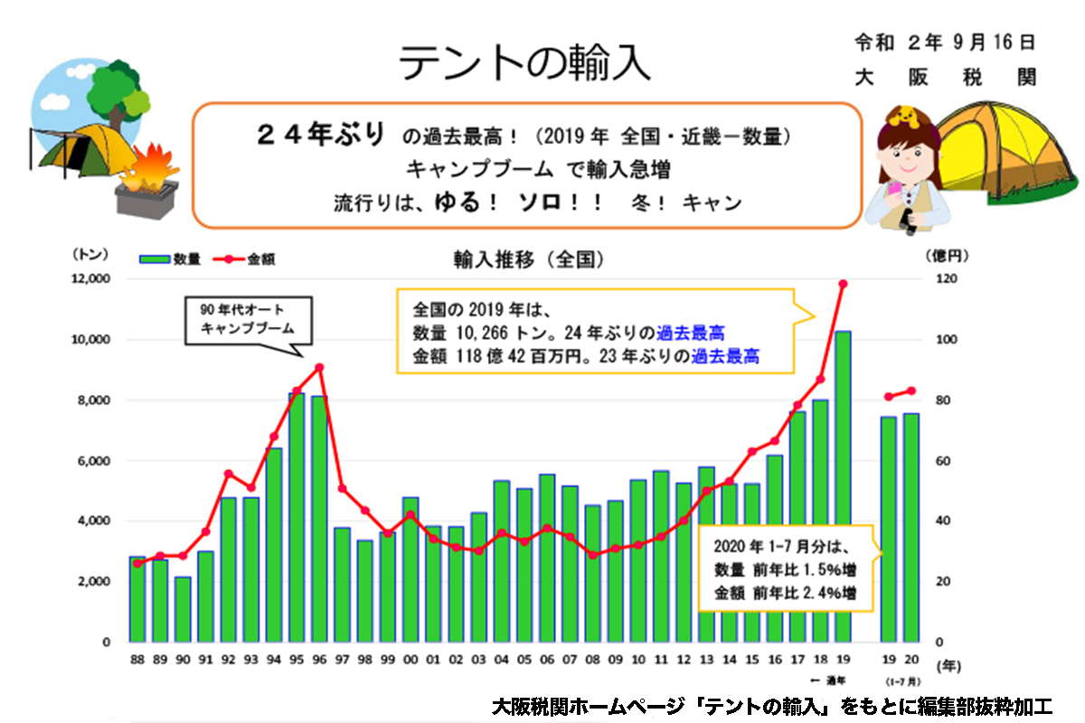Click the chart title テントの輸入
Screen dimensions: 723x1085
click(x=524, y=63)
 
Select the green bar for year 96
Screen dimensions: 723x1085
click(x=320, y=520)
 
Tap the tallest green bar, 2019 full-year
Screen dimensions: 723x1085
click(x=843, y=488)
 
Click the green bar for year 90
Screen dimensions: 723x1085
click(x=184, y=609)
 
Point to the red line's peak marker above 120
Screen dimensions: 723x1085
click(x=843, y=284)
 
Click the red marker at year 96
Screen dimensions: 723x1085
click(x=320, y=367)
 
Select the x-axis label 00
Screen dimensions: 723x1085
click(x=410, y=659)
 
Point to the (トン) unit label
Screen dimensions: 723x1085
click(x=88, y=256)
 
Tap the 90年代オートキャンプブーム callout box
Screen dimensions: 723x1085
click(x=247, y=321)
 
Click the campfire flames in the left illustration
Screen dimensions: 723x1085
click(x=149, y=167)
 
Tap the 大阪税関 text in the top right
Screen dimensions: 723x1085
click(x=944, y=78)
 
